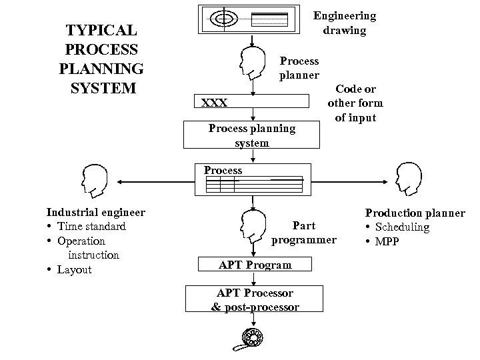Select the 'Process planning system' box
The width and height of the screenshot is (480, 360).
tap(252, 135)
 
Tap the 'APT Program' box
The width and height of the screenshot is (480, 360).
tap(255, 265)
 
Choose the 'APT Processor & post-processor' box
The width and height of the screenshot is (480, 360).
tap(255, 299)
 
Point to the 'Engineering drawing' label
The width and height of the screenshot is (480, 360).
tap(345, 23)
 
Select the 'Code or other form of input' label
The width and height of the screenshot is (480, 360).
tap(355, 103)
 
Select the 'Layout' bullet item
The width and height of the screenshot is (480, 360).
tap(74, 270)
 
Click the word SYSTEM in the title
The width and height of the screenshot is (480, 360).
tap(101, 87)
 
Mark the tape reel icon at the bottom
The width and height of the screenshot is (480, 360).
tap(252, 339)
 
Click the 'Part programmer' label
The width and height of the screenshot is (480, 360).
tap(304, 233)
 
